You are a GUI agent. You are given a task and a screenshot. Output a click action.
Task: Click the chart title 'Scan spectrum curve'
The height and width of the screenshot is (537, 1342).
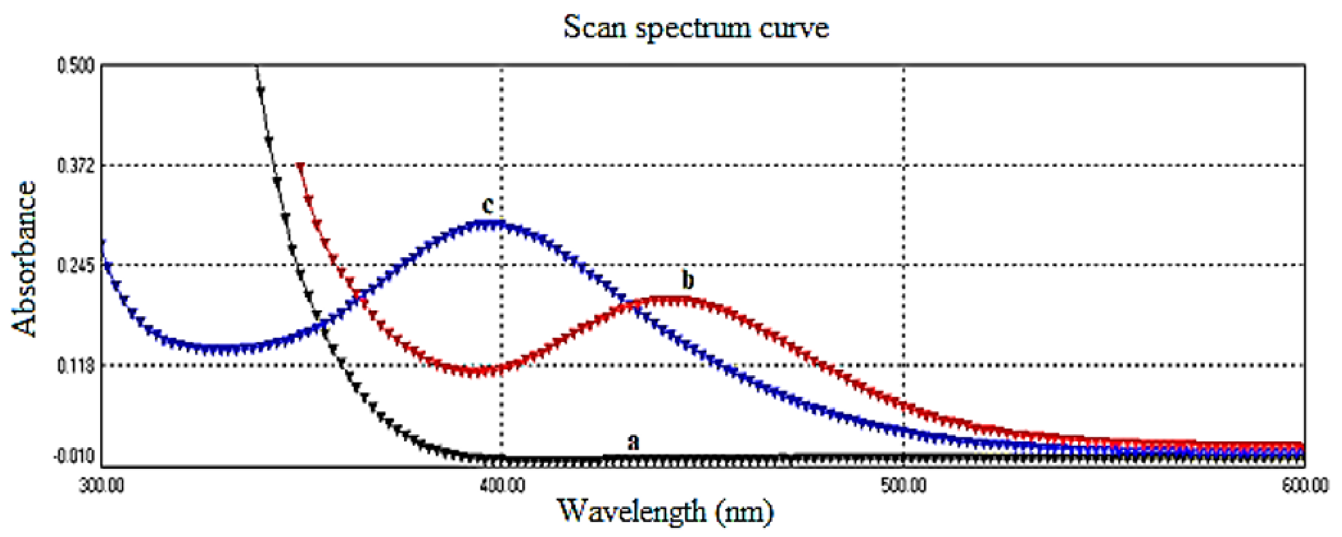[696, 27]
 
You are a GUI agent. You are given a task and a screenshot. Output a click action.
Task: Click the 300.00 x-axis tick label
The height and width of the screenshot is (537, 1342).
[102, 486]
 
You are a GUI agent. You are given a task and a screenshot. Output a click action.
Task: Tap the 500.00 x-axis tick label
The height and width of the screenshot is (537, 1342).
[904, 486]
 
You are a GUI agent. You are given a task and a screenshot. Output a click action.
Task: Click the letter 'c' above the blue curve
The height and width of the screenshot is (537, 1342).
[487, 205]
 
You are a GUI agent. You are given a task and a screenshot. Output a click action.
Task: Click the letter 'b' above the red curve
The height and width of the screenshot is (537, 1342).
[688, 280]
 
